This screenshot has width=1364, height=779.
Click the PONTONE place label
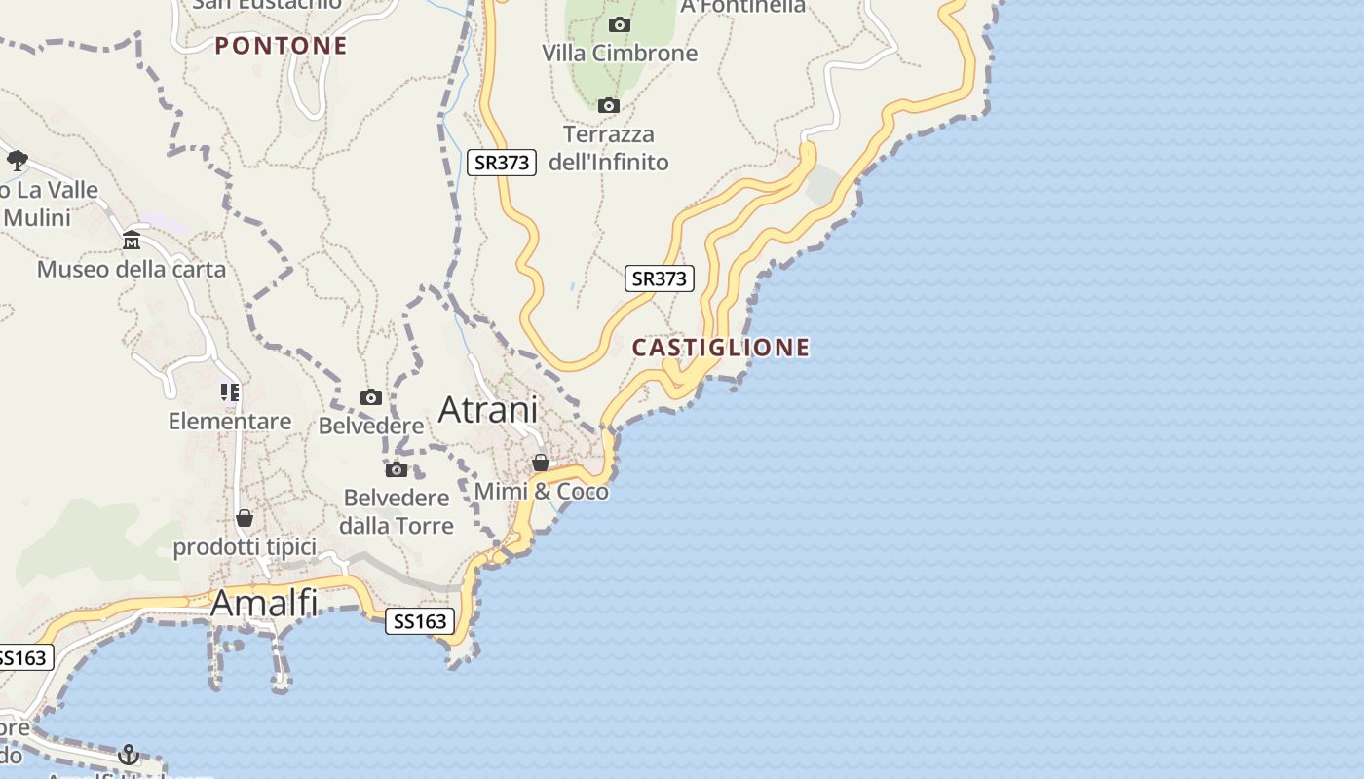click(281, 46)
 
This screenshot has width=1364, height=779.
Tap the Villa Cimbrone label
click(620, 53)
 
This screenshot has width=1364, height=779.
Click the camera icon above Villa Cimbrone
click(619, 24)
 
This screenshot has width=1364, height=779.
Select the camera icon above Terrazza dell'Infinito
click(609, 105)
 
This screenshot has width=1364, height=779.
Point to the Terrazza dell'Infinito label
click(609, 148)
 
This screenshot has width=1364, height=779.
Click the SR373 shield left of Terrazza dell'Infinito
click(503, 162)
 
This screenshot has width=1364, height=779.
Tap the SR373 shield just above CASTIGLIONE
click(660, 278)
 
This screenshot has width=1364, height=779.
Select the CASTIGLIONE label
click(721, 348)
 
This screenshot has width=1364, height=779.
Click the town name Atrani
click(487, 410)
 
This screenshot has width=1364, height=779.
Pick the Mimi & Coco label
click(542, 492)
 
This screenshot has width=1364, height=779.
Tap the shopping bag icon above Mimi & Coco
click(541, 463)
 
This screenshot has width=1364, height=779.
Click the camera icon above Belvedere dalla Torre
click(396, 470)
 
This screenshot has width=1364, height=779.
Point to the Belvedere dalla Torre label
click(397, 511)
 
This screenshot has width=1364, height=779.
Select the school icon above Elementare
click(230, 392)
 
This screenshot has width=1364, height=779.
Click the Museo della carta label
click(132, 269)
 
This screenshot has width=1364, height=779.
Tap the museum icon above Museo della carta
click(132, 241)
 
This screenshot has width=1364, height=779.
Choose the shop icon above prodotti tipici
click(245, 518)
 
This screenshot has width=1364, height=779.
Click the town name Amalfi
click(264, 604)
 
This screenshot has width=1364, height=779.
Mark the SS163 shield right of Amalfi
click(420, 621)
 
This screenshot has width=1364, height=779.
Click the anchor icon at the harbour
click(128, 755)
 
